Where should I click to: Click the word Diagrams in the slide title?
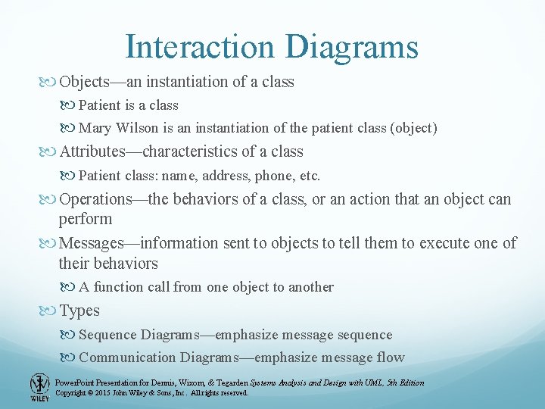351,46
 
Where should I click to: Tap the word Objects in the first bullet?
85,82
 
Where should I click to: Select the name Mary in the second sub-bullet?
95,129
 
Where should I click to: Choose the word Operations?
95,199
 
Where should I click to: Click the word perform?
85,219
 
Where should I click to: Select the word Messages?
91,243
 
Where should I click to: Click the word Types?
79,311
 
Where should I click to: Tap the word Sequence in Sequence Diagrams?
107,335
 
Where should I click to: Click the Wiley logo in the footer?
39,386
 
